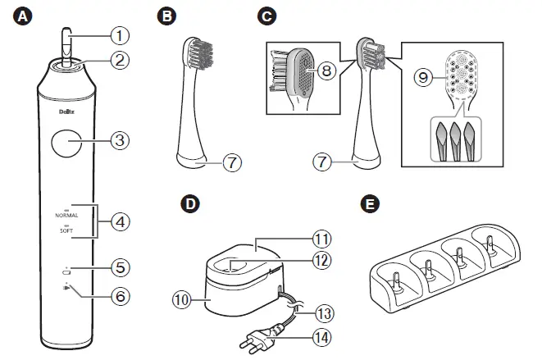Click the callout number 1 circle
(120, 35)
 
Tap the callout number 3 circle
(120, 140)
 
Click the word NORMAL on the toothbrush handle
(67, 214)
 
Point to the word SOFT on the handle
(67, 232)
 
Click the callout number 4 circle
(120, 221)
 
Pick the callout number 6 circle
(120, 294)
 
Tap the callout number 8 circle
(326, 71)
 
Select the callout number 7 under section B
(232, 163)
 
